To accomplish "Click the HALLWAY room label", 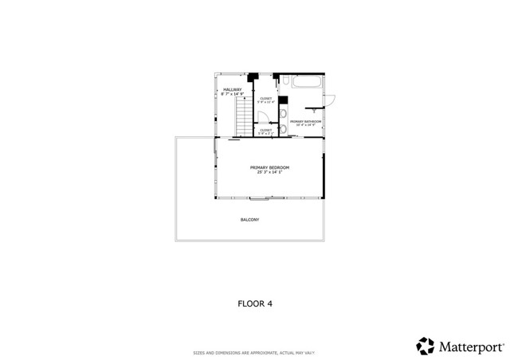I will pyautogui.click(x=232, y=89).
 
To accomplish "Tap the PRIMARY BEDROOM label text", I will pyautogui.click(x=269, y=167).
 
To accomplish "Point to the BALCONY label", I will pyautogui.click(x=250, y=220).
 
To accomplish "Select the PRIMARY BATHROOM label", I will pyautogui.click(x=305, y=121).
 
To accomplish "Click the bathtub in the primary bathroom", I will pyautogui.click(x=308, y=82).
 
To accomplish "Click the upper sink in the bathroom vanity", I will pyautogui.click(x=284, y=112).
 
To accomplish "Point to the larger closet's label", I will pyautogui.click(x=265, y=99).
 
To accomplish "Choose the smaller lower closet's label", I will pyautogui.click(x=265, y=130).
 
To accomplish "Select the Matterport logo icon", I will pyautogui.click(x=426, y=346).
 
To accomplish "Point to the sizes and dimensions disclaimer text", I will pyautogui.click(x=254, y=353).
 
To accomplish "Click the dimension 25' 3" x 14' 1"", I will pyautogui.click(x=269, y=172).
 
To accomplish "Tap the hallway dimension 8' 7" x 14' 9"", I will pyautogui.click(x=232, y=94).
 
